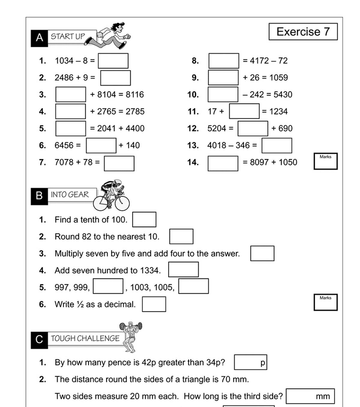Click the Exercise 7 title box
click(x=303, y=31)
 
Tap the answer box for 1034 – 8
click(x=113, y=61)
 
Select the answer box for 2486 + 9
click(x=115, y=78)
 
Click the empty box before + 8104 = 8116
click(x=70, y=95)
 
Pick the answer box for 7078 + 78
click(x=119, y=163)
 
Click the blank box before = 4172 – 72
click(x=224, y=61)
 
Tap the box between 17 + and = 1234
click(x=244, y=111)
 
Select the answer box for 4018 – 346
click(x=277, y=145)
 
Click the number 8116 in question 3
click(x=135, y=95)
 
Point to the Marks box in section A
click(x=325, y=161)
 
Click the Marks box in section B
click(x=325, y=302)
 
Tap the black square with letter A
click(x=39, y=38)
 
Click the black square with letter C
click(x=39, y=340)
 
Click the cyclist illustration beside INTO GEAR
click(x=112, y=195)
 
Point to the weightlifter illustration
click(x=131, y=336)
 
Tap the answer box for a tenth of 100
click(x=144, y=220)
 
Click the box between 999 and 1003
click(x=108, y=286)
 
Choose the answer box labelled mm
click(x=310, y=396)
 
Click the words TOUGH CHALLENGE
click(x=85, y=339)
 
